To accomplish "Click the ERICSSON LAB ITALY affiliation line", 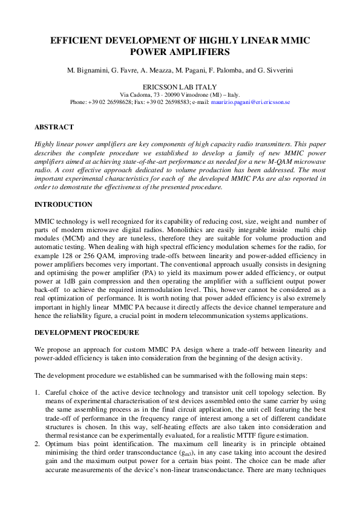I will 180,87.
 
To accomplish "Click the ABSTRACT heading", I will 54,128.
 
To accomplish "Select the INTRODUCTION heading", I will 64,204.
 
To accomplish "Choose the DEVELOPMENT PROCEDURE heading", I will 87,332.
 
